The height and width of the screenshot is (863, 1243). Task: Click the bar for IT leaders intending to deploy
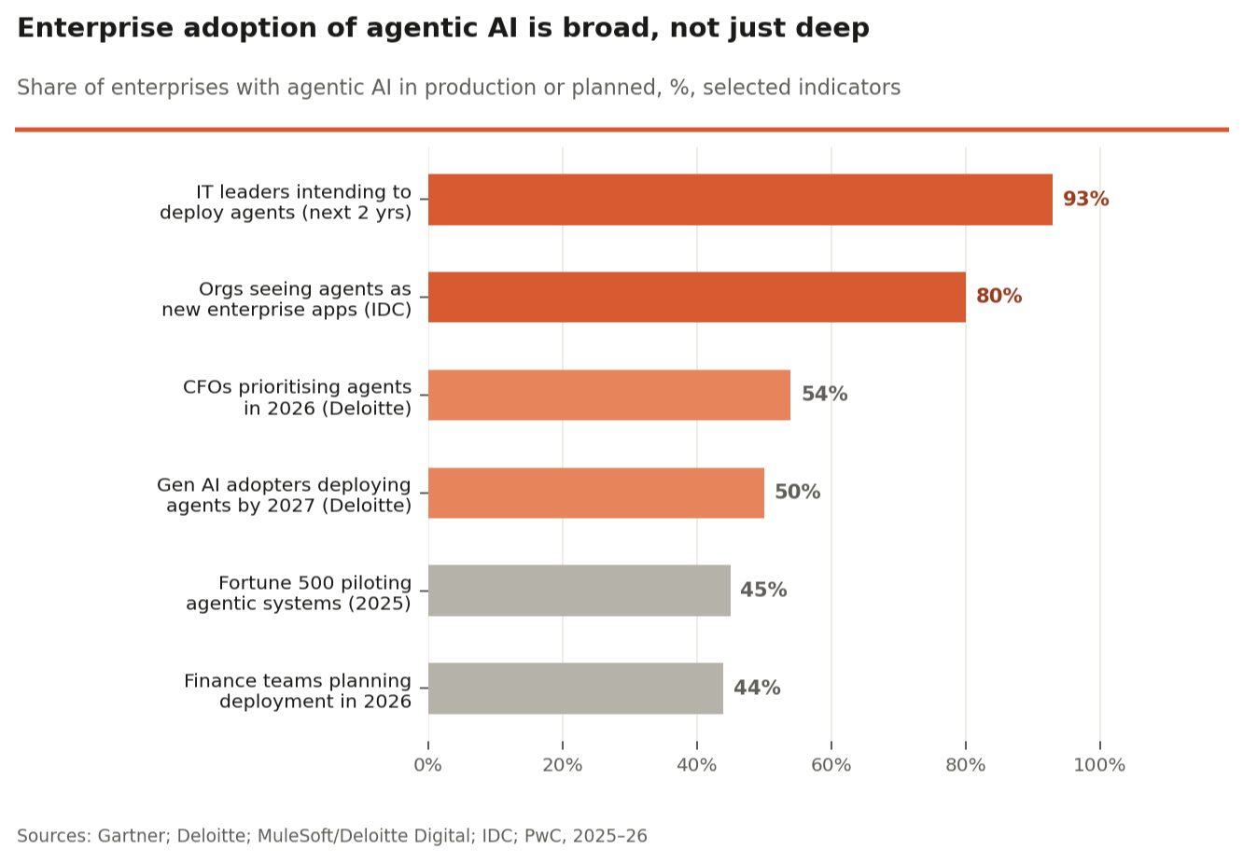pos(740,200)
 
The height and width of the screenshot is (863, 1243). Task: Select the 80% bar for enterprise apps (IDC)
pos(697,297)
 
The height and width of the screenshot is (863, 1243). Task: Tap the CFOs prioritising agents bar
pos(609,395)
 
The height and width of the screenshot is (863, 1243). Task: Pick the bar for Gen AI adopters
pos(596,493)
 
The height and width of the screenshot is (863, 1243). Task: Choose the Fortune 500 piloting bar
pos(580,591)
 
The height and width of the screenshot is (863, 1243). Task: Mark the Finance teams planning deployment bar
pos(576,689)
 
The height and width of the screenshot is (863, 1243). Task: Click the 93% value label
pos(1085,200)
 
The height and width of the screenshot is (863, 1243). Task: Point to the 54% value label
pos(824,395)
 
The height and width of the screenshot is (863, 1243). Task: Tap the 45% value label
pos(763,591)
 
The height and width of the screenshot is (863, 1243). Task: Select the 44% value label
pos(757,689)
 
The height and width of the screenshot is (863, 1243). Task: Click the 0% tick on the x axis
pos(428,766)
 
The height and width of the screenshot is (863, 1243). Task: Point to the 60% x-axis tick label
pos(831,766)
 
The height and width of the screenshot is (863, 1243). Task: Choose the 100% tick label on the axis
pos(1099,766)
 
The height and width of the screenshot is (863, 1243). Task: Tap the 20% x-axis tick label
pos(562,766)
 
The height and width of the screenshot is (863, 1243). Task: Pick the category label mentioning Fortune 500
pos(299,593)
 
